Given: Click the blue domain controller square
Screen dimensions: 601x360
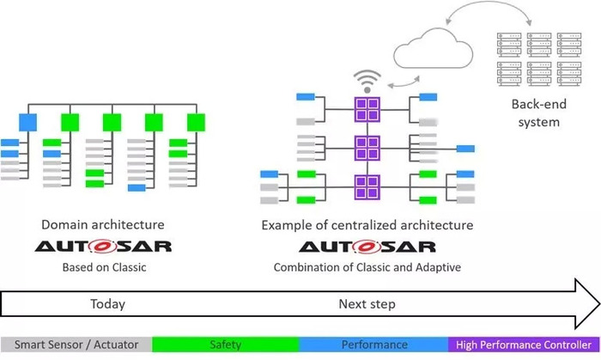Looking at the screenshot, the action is point(28,122).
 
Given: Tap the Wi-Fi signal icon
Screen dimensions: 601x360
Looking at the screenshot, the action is point(367,82).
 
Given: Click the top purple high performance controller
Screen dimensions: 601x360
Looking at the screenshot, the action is point(367,109).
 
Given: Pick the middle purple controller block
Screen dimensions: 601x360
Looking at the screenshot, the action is point(367,148).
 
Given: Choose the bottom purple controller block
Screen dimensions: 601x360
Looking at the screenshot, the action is point(367,187).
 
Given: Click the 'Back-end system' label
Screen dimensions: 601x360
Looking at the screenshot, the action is point(539,113).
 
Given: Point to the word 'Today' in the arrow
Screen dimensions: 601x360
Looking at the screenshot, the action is point(107,304).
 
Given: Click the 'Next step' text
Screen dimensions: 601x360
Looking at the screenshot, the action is point(367,304).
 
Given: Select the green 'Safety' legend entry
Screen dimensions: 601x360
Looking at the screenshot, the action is point(225,345).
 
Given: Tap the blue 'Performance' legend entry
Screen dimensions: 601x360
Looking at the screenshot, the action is point(373,345).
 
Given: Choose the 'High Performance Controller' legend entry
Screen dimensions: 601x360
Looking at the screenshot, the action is point(524,345).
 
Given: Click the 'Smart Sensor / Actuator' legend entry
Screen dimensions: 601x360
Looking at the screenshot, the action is point(76,345).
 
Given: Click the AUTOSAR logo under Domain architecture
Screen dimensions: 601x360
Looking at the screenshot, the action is point(103,247).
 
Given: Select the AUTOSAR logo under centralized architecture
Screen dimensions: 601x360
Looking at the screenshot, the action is point(367,247).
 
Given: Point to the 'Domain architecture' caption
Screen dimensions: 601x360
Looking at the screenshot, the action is point(103,224).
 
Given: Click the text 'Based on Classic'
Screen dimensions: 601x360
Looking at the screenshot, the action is point(104,267).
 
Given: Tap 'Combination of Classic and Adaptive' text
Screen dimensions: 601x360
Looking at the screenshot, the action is point(367,267).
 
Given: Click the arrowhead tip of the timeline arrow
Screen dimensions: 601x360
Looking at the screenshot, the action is point(600,304).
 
